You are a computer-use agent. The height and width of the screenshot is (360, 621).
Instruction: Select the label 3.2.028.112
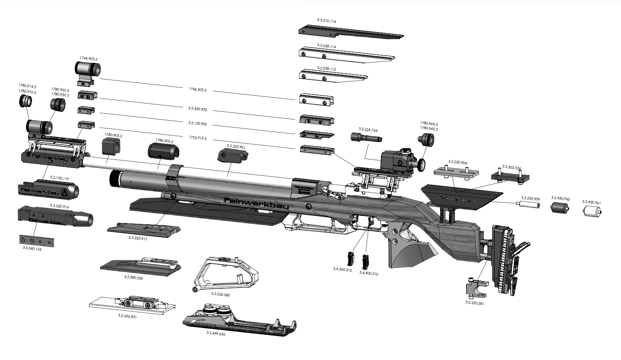[x=326, y=69]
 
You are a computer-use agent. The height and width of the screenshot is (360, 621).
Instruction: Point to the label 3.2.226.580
[x=220, y=294]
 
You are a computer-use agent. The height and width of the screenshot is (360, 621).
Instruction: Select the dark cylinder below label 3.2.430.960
[x=560, y=208]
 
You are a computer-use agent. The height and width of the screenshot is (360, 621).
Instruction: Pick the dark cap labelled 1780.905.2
[x=163, y=151]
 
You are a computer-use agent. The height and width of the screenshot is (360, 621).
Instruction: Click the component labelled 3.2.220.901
[x=233, y=155]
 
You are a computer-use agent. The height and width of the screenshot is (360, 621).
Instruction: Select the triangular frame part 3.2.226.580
[x=226, y=274]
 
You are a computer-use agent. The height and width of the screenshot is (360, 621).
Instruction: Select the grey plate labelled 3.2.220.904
[x=456, y=173]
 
